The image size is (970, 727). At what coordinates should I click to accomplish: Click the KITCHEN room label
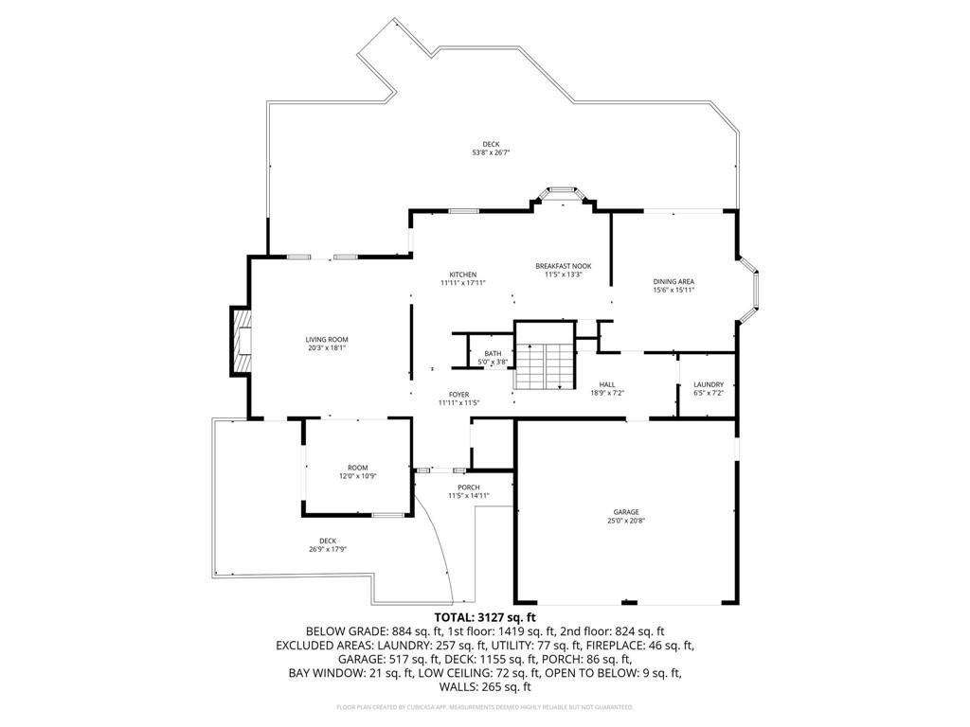click(463, 275)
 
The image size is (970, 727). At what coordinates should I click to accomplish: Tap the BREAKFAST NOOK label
click(563, 266)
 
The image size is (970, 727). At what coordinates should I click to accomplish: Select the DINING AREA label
click(674, 281)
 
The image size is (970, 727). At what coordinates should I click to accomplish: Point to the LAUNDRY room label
click(709, 384)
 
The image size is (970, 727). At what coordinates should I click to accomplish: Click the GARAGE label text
click(625, 511)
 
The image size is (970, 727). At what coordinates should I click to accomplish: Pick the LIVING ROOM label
click(326, 339)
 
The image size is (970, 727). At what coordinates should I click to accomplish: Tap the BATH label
click(493, 353)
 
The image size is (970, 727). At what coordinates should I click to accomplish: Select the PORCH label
click(468, 488)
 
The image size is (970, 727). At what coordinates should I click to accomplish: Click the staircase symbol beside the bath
click(545, 365)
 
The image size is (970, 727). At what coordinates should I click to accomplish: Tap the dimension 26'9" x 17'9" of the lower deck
click(328, 549)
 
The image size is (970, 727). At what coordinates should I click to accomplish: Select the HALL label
click(607, 384)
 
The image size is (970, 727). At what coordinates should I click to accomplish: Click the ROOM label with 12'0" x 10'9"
click(357, 468)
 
